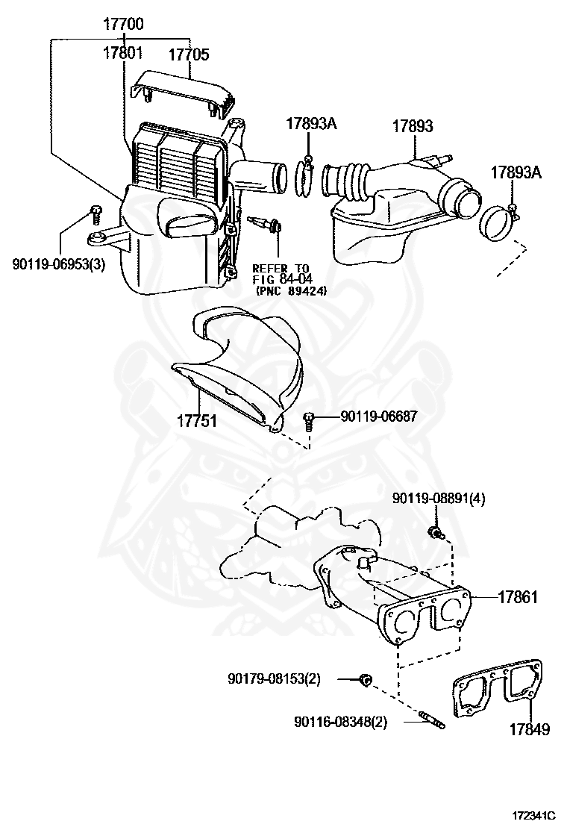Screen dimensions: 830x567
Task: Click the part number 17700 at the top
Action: [123, 25]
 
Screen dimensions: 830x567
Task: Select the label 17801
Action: [123, 53]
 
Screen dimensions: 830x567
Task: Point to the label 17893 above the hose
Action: [413, 126]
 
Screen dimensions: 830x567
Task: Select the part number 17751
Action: [196, 421]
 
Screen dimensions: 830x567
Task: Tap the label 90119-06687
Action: [378, 418]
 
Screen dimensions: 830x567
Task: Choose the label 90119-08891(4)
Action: [439, 499]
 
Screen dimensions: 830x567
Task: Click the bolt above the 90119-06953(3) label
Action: [95, 213]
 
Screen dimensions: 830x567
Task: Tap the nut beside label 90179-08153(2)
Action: [365, 679]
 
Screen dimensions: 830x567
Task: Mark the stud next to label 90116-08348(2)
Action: [433, 721]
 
